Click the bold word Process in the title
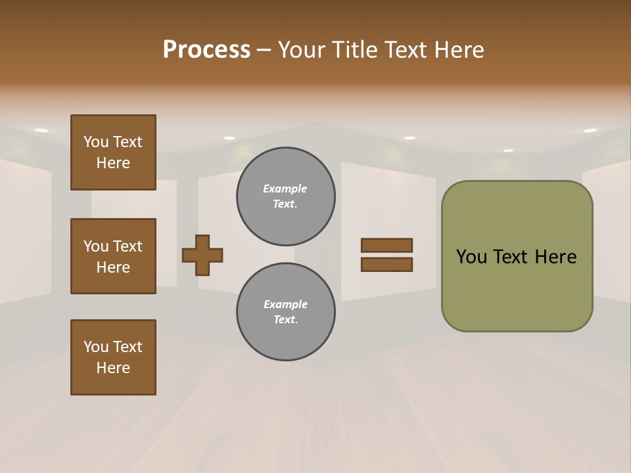coord(206,50)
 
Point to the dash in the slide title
coord(264,51)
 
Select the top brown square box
coord(113,152)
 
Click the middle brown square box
coord(113,256)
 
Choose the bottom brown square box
coord(113,357)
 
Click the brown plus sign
coord(202,255)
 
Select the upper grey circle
coord(285,196)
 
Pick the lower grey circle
coord(285,312)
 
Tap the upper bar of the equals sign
coord(386,246)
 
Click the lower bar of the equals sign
coord(386,265)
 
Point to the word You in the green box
coord(471,257)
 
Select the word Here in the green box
coord(555,257)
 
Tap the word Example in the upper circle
coord(285,189)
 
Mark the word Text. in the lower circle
coord(285,320)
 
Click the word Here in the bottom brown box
coord(113,368)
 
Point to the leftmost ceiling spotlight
coord(41,131)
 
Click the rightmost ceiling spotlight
coord(590,131)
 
